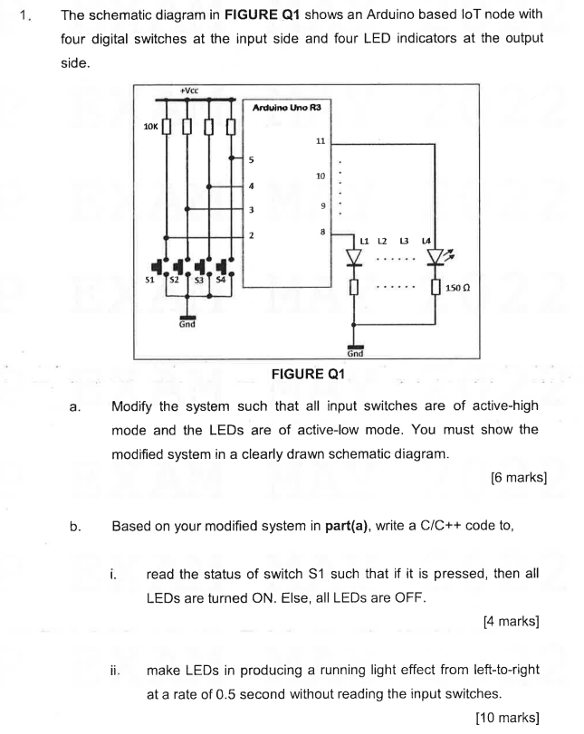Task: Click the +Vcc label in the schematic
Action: click(189, 90)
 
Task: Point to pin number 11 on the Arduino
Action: click(320, 142)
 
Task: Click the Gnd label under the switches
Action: click(187, 323)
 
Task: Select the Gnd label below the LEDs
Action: click(356, 353)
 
